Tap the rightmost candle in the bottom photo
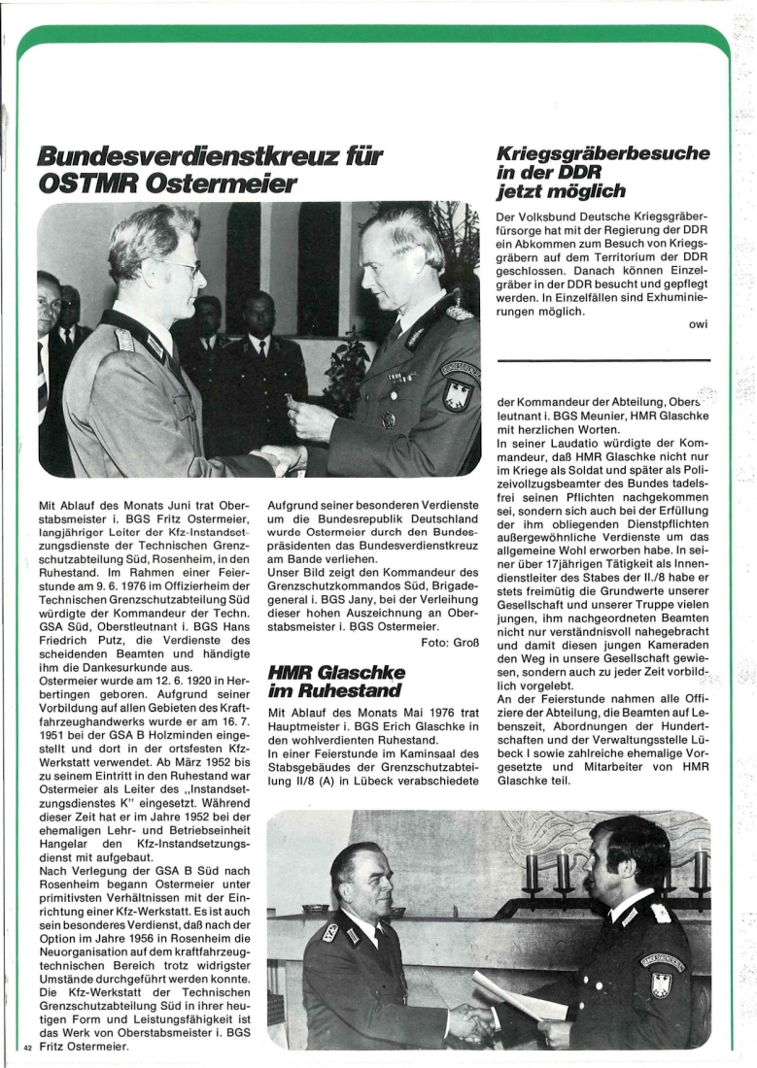[699, 870]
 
